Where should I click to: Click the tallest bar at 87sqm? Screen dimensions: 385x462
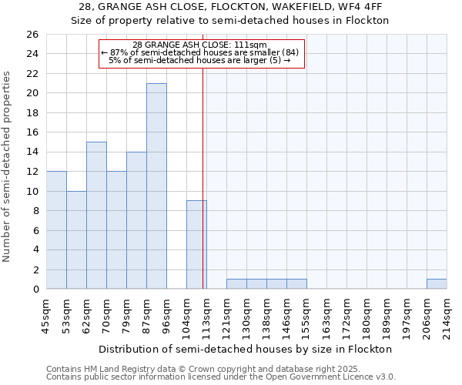click(156, 186)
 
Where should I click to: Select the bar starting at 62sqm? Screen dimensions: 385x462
click(96, 216)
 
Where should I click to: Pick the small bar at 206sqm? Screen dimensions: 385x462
click(437, 284)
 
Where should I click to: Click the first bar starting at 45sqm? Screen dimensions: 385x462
click(56, 230)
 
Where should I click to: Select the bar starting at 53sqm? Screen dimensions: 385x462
click(76, 240)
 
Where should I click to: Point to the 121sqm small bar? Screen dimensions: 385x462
click(236, 284)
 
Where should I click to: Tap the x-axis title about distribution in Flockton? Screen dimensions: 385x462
click(246, 349)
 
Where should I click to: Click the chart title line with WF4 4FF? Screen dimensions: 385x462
click(230, 7)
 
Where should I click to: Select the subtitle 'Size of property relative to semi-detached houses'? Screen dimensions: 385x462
click(230, 21)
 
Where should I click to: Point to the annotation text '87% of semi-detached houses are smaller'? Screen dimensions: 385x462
click(199, 52)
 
